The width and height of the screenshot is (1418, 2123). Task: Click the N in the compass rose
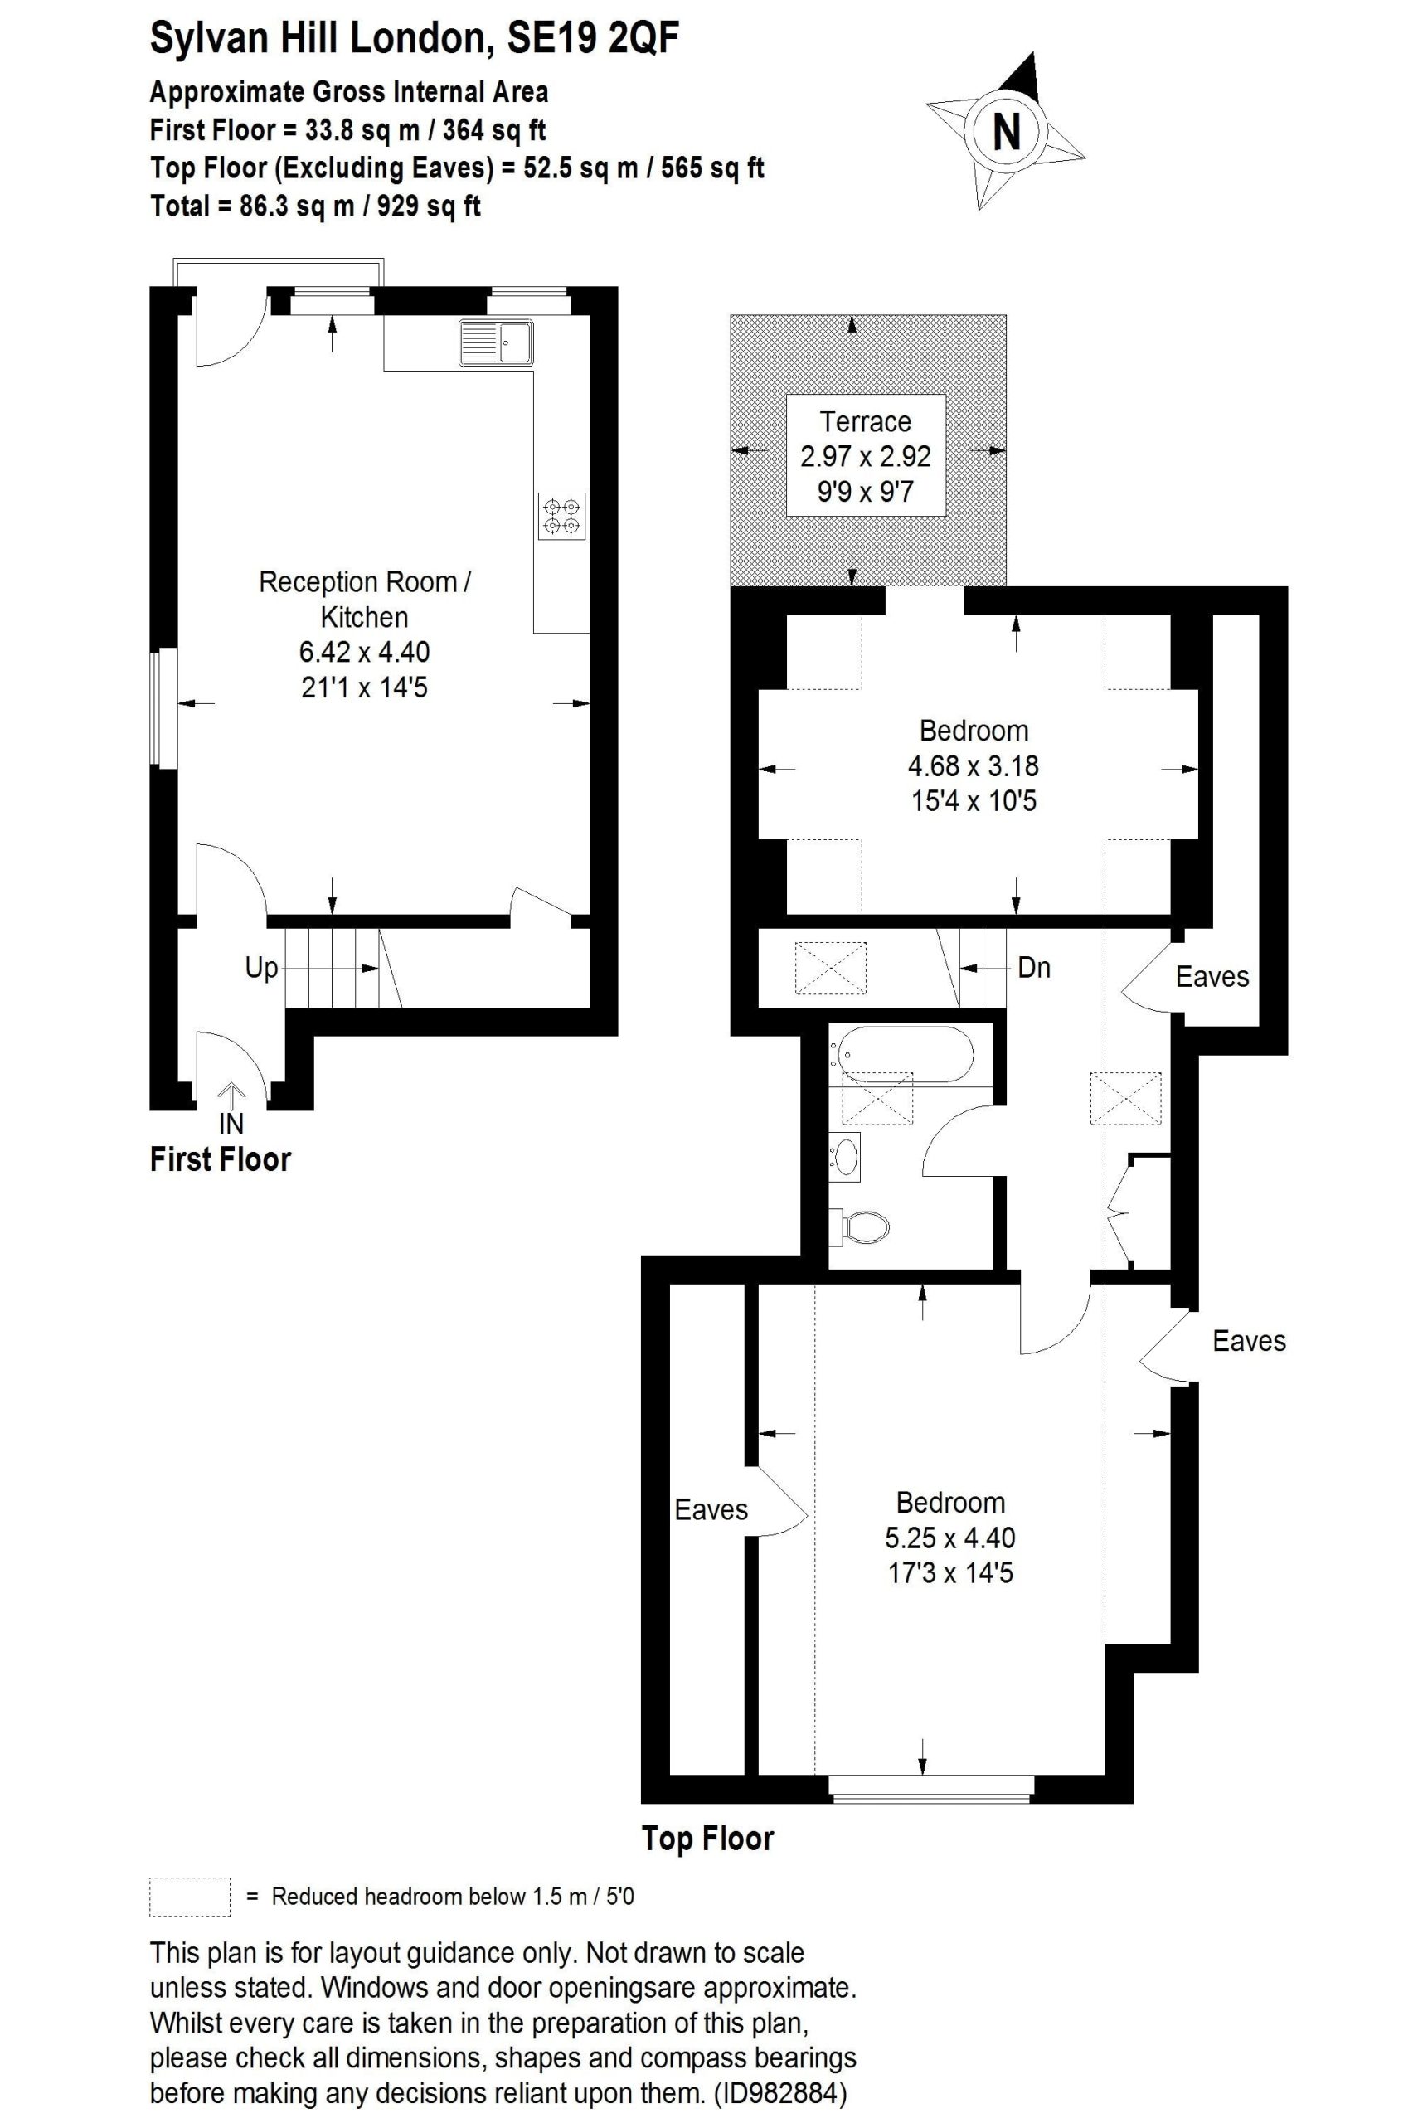click(x=1006, y=132)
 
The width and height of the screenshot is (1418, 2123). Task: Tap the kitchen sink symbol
click(x=496, y=341)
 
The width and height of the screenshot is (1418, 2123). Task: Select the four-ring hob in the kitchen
click(x=561, y=517)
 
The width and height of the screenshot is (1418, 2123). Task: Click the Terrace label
click(x=865, y=421)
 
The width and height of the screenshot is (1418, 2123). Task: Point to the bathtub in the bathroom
click(x=906, y=1052)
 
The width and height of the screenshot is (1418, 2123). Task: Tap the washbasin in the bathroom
click(x=846, y=1156)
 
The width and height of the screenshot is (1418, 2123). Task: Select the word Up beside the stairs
click(x=261, y=968)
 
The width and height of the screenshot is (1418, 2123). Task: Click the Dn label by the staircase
click(x=1034, y=968)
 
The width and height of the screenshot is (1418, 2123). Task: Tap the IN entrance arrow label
click(x=231, y=1123)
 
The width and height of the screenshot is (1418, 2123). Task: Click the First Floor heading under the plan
click(x=220, y=1160)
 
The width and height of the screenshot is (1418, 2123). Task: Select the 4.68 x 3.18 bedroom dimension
click(x=973, y=765)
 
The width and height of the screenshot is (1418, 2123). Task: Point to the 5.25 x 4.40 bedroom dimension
click(x=949, y=1537)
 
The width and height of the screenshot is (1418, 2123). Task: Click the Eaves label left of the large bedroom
click(x=711, y=1509)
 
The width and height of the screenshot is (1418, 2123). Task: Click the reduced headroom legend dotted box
click(x=189, y=1896)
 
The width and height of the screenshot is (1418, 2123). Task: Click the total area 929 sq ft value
click(x=429, y=206)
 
